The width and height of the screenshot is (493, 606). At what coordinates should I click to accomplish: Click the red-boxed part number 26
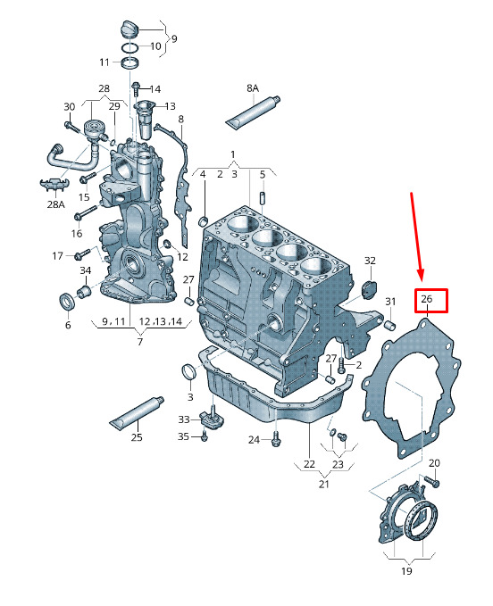point(427,299)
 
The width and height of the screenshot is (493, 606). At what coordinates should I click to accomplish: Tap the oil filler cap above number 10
point(130,29)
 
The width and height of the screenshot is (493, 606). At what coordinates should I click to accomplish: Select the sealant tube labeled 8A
point(253,112)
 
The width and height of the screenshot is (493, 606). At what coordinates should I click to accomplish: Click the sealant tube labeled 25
point(137,413)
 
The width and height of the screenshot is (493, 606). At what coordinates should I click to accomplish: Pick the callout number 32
point(370,261)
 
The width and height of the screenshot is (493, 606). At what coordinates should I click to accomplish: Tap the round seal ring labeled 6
point(68,302)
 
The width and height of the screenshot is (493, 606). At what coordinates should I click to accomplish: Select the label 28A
point(55,204)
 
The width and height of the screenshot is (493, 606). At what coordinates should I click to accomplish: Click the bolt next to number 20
point(432,480)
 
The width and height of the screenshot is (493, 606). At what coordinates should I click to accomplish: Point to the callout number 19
point(406,570)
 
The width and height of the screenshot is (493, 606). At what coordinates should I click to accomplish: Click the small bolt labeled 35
point(205,436)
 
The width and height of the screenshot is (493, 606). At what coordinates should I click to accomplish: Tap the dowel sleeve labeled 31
point(390,325)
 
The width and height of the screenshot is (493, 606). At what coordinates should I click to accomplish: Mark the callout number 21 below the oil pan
point(324,484)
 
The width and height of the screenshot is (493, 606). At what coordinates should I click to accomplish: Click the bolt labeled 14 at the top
point(136,89)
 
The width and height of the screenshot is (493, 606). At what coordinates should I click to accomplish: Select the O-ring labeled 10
point(130,48)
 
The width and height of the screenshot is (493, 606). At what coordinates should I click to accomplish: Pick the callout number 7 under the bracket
point(140,341)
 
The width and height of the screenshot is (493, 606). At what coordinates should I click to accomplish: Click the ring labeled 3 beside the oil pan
point(189,372)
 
